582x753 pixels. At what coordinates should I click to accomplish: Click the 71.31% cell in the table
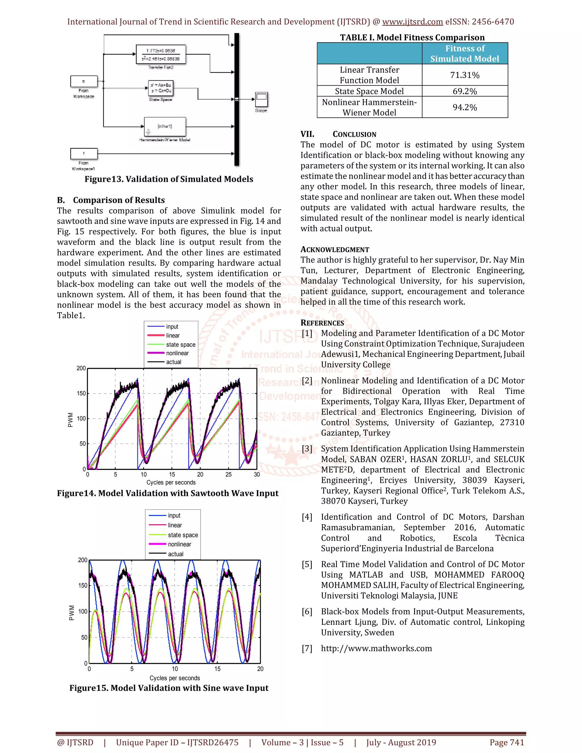point(464,75)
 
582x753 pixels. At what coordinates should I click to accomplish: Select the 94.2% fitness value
point(464,107)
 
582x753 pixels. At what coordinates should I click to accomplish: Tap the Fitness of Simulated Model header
point(464,53)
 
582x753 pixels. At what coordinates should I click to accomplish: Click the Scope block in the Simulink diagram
point(261,100)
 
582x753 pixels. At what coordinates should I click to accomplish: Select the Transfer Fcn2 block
point(161,55)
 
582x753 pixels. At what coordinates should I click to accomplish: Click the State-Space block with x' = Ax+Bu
point(161,88)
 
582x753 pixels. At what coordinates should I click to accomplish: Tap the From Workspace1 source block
point(84,153)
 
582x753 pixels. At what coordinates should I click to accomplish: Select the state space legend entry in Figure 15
point(183,535)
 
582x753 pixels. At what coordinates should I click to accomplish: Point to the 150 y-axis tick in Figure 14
point(81,393)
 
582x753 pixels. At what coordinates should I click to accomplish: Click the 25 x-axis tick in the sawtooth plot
point(228,475)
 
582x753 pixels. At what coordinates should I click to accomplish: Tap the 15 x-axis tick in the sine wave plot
point(217,669)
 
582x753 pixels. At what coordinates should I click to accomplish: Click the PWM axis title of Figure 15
point(72,613)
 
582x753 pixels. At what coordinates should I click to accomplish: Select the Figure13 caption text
point(169,179)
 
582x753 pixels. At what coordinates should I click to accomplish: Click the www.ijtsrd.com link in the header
point(412,22)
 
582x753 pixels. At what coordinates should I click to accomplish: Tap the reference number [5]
point(307,564)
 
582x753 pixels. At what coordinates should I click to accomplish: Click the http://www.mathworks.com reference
point(376,648)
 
